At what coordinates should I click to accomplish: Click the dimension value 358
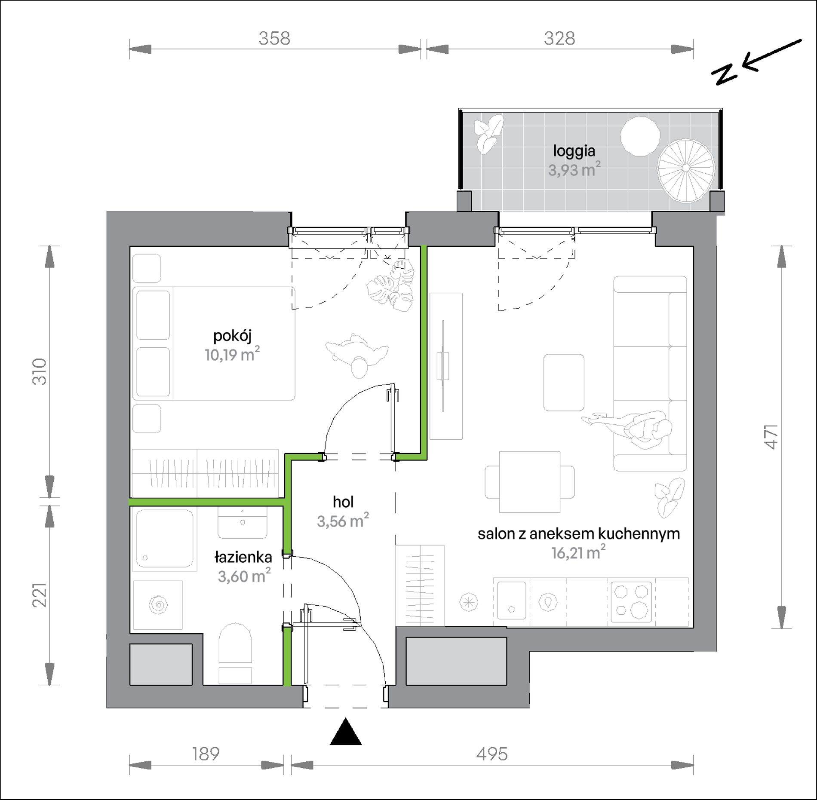tap(274, 38)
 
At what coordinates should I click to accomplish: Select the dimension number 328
tap(559, 38)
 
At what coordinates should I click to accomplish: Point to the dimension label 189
tap(206, 754)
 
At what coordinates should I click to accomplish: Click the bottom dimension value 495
tap(492, 754)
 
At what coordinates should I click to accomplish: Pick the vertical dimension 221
tap(40, 595)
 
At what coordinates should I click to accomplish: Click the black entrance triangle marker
tap(345, 731)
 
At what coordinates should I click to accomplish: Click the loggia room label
tap(574, 151)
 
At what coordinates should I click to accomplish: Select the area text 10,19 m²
tap(232, 355)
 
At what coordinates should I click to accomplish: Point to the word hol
tap(343, 502)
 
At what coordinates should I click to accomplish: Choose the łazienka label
tap(243, 557)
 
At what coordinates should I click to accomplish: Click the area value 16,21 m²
tap(578, 552)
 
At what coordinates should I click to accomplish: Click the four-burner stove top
tap(631, 602)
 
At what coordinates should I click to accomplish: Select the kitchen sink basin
tap(511, 600)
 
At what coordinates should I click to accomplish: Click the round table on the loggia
tap(640, 136)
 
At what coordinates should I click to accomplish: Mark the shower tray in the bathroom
tap(164, 539)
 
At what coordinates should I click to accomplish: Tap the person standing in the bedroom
tap(357, 355)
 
